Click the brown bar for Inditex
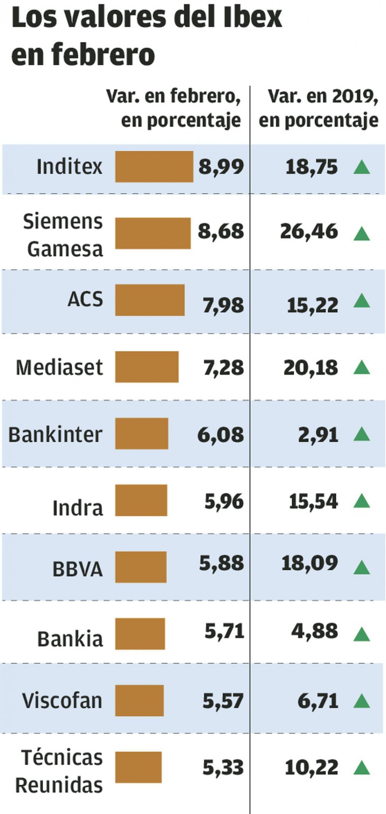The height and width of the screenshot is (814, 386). click(154, 167)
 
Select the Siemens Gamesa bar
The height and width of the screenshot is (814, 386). click(153, 233)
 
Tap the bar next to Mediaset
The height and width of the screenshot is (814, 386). click(147, 367)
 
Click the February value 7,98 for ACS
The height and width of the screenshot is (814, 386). click(223, 305)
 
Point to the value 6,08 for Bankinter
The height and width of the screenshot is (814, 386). click(221, 434)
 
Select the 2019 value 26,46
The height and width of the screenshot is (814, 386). click(309, 232)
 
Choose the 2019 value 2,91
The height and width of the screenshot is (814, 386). click(318, 435)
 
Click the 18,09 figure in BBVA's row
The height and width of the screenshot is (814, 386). click(310, 563)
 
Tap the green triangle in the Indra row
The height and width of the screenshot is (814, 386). click(362, 501)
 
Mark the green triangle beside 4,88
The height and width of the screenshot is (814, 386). click(362, 634)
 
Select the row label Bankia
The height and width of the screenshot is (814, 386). click(70, 639)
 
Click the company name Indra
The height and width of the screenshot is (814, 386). click(78, 508)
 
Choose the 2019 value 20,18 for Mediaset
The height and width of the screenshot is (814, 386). click(311, 368)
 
